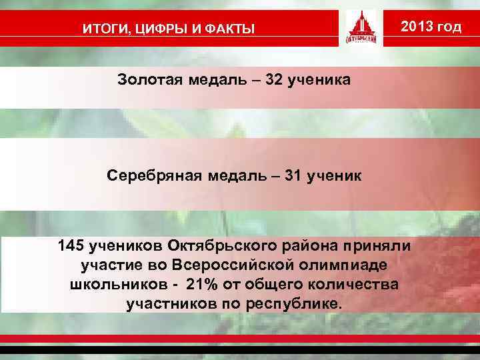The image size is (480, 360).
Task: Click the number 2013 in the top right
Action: [419, 27]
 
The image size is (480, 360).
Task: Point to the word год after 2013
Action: [450, 27]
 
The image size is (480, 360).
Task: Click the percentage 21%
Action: [203, 285]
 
